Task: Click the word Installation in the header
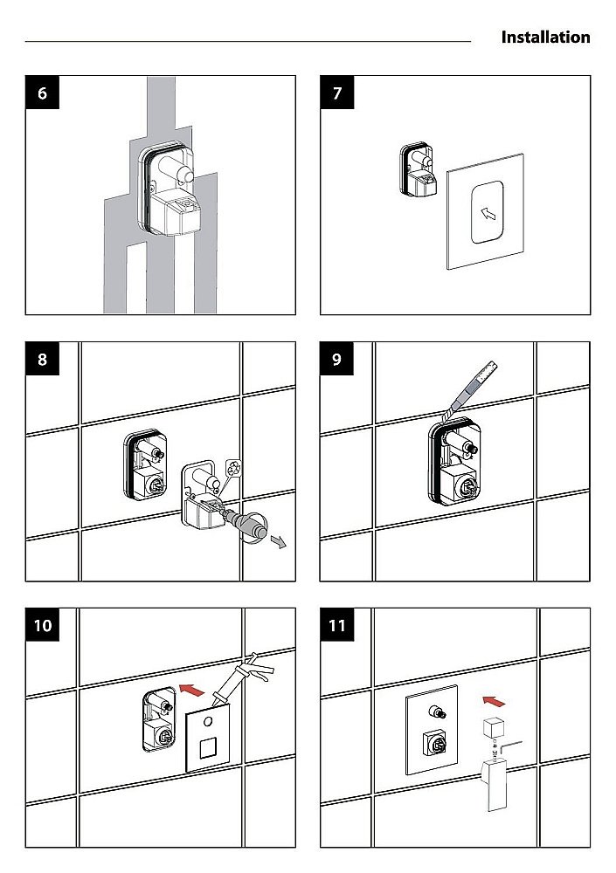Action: coord(545,38)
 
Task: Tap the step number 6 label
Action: coord(42,93)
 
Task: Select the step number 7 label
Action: coord(336,93)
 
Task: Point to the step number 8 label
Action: coord(42,359)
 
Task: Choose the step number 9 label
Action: coord(336,359)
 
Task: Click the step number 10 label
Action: coord(42,625)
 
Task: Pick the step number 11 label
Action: coord(336,625)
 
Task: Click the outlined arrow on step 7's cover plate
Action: coord(488,213)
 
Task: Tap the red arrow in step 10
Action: coord(191,691)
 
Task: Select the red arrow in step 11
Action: coord(494,701)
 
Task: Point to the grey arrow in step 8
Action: coord(278,540)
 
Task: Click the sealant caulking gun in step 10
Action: coord(243,679)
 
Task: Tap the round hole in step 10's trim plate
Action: coord(208,722)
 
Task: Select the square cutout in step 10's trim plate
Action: coord(207,747)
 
